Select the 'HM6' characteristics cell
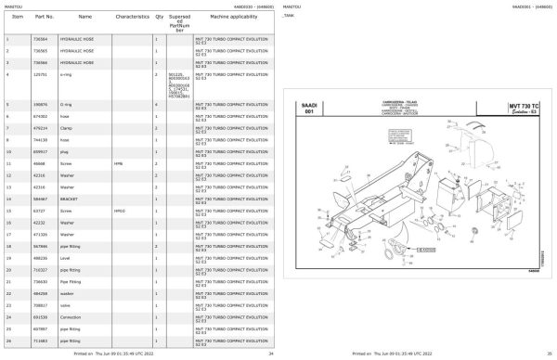click(x=118, y=161)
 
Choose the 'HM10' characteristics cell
click(x=119, y=211)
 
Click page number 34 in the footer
click(x=270, y=354)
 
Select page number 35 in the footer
click(x=549, y=354)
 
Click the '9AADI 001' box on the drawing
click(x=304, y=109)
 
